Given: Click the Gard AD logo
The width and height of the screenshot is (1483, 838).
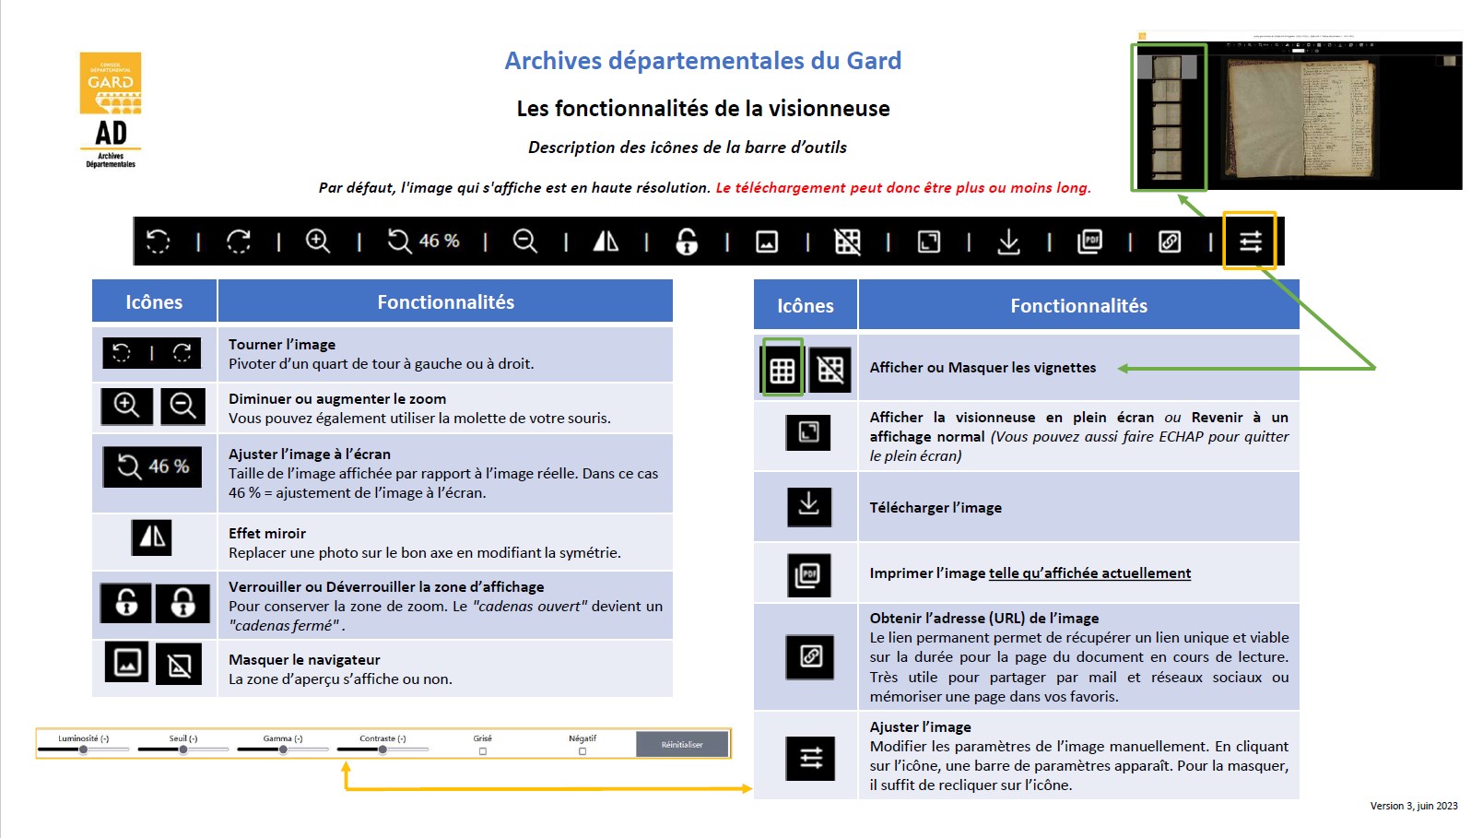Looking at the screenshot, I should (111, 110).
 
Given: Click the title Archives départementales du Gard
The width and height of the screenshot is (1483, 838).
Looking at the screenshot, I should (702, 61).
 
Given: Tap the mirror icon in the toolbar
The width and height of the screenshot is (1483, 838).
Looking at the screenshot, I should (606, 242).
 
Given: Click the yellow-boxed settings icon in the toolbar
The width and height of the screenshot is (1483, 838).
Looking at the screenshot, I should (1250, 242).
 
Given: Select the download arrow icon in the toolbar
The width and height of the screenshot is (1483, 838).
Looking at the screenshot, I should (1008, 242).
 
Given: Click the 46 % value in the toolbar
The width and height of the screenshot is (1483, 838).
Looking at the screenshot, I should (439, 241).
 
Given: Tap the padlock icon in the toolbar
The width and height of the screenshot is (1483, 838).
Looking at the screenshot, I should (687, 242).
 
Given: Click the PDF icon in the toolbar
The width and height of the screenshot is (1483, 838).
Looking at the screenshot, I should (1089, 242).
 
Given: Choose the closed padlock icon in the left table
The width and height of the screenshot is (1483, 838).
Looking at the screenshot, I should (182, 603).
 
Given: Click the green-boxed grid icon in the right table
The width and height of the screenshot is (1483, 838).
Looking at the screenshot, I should (783, 370).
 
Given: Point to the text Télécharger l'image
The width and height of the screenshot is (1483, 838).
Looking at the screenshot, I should (936, 508).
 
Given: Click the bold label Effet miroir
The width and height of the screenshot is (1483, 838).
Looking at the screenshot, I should (267, 534).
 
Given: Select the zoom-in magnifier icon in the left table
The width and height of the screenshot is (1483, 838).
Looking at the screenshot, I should (126, 406).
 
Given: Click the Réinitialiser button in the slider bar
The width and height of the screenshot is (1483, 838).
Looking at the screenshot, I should (682, 744).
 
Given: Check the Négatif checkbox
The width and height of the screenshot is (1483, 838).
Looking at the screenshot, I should (583, 751).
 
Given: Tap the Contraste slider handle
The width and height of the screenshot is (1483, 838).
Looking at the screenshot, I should (383, 749).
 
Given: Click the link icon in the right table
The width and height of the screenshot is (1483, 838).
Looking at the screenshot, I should (810, 656).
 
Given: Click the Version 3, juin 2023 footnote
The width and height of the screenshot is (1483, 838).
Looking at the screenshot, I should (1413, 806).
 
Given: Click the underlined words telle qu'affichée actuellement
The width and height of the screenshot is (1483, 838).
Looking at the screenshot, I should (1089, 573).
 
